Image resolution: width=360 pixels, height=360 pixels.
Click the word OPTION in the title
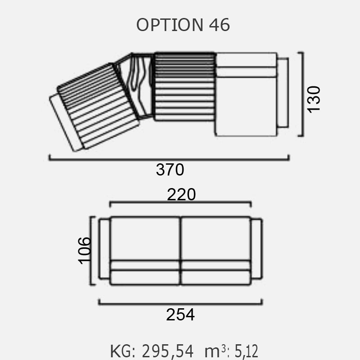pyautogui.click(x=170, y=25)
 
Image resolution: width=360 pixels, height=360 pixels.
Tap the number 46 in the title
pyautogui.click(x=219, y=25)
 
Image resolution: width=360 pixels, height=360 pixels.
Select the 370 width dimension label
pyautogui.click(x=170, y=170)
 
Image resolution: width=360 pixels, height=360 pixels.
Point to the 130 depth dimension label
pyautogui.click(x=314, y=99)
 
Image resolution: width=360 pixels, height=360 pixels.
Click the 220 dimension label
pyautogui.click(x=181, y=194)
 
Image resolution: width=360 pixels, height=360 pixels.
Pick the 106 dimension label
pyautogui.click(x=84, y=251)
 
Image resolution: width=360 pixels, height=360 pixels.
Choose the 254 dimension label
pyautogui.click(x=180, y=314)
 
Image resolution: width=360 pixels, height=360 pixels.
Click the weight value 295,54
pyautogui.click(x=167, y=351)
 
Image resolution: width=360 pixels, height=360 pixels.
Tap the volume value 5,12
pyautogui.click(x=246, y=351)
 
